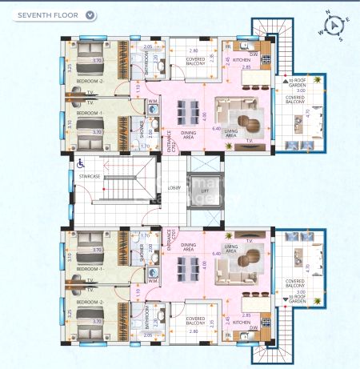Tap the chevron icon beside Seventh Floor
(x=90, y=14)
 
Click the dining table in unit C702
(x=190, y=110)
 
